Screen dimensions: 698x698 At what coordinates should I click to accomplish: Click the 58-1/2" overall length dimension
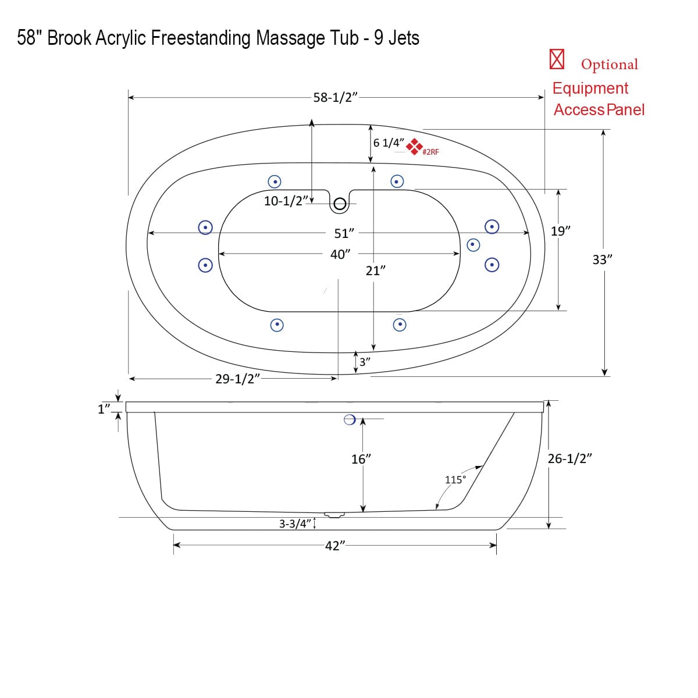click(x=336, y=98)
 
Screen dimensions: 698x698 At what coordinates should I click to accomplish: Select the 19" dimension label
click(x=560, y=231)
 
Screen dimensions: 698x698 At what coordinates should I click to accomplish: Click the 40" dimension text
click(x=340, y=255)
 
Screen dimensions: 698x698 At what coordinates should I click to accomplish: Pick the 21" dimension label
click(x=376, y=270)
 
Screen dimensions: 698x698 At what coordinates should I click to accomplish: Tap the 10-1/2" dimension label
click(x=285, y=201)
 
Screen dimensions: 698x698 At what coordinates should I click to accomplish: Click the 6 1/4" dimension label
click(x=388, y=143)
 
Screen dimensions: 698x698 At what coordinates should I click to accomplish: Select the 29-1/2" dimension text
click(x=237, y=379)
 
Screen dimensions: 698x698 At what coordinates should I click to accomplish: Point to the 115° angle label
click(x=455, y=480)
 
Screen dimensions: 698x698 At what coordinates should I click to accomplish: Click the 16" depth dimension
click(x=361, y=460)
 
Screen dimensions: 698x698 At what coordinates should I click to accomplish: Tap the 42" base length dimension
click(x=335, y=546)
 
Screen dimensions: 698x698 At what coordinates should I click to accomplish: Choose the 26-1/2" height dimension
click(x=570, y=458)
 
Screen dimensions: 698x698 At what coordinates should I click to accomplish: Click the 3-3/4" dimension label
click(x=295, y=524)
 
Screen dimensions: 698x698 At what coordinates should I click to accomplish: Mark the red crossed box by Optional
click(x=557, y=59)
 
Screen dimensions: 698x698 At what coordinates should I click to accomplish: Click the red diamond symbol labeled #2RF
click(x=414, y=147)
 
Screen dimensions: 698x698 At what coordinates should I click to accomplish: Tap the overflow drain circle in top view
click(x=340, y=204)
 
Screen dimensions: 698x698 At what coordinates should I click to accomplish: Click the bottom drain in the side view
click(x=334, y=515)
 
